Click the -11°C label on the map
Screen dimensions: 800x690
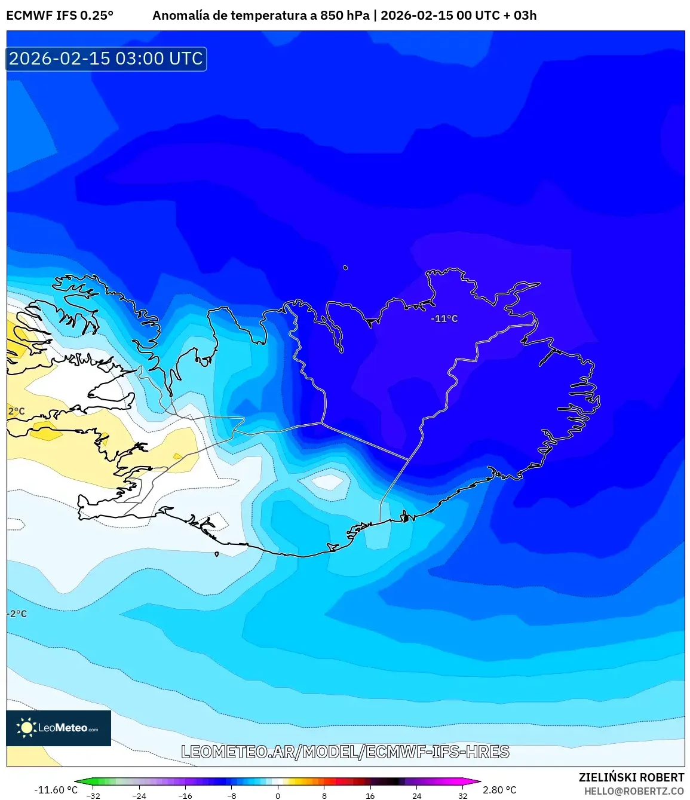(x=444, y=318)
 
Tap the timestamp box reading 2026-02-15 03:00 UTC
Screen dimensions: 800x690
(x=106, y=59)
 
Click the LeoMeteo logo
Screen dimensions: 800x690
(x=58, y=728)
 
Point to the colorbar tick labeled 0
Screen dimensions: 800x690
(x=278, y=795)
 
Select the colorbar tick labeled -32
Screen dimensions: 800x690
(x=93, y=795)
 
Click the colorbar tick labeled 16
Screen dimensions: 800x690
(x=370, y=795)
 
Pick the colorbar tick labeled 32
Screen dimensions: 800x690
(x=462, y=795)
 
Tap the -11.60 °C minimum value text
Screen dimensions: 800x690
(x=56, y=789)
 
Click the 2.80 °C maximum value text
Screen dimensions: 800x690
(x=499, y=789)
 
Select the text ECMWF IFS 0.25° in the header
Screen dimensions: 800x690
(x=60, y=16)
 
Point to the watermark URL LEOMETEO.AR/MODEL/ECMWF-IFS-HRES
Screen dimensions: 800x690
(x=345, y=752)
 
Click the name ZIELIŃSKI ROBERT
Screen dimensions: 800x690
(x=631, y=777)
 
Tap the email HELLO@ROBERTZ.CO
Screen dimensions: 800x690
(x=634, y=790)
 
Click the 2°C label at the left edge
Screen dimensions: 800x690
(x=17, y=411)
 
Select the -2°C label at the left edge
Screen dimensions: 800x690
(x=17, y=614)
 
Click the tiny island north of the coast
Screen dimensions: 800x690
(x=345, y=268)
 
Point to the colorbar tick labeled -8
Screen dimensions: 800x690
(x=232, y=795)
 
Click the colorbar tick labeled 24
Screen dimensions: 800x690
(x=416, y=795)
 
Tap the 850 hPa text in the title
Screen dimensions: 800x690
(x=345, y=16)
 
